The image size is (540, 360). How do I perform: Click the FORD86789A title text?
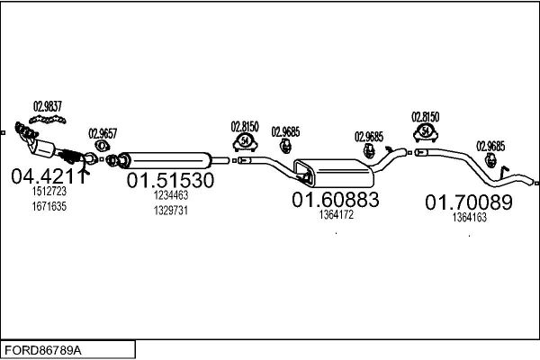pyautogui.click(x=42, y=350)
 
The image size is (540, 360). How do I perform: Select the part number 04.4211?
pyautogui.click(x=48, y=176)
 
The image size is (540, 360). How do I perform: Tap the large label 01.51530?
pyautogui.click(x=170, y=180)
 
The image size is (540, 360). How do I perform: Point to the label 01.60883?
pyautogui.click(x=336, y=200)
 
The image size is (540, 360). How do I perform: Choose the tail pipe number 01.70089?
pyautogui.click(x=469, y=202)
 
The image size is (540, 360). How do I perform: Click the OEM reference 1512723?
pyautogui.click(x=49, y=191)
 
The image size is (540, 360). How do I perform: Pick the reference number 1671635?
pyautogui.click(x=49, y=206)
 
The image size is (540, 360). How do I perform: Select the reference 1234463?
pyautogui.click(x=171, y=195)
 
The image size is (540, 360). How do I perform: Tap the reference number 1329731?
pyautogui.click(x=171, y=211)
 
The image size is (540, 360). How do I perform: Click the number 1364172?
pyautogui.click(x=336, y=215)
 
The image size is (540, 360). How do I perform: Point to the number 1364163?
pyautogui.click(x=470, y=218)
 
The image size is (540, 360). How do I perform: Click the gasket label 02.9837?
pyautogui.click(x=48, y=106)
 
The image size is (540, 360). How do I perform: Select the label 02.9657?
pyautogui.click(x=103, y=134)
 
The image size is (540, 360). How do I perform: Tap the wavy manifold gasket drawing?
pyautogui.click(x=48, y=120)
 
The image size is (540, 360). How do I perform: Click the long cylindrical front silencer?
pyautogui.click(x=166, y=160)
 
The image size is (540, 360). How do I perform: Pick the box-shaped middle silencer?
pyautogui.click(x=334, y=173)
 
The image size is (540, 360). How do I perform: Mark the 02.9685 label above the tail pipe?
pyautogui.click(x=490, y=147)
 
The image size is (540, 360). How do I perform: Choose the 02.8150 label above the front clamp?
pyautogui.click(x=245, y=127)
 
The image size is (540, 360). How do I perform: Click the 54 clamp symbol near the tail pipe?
pyautogui.click(x=426, y=132)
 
